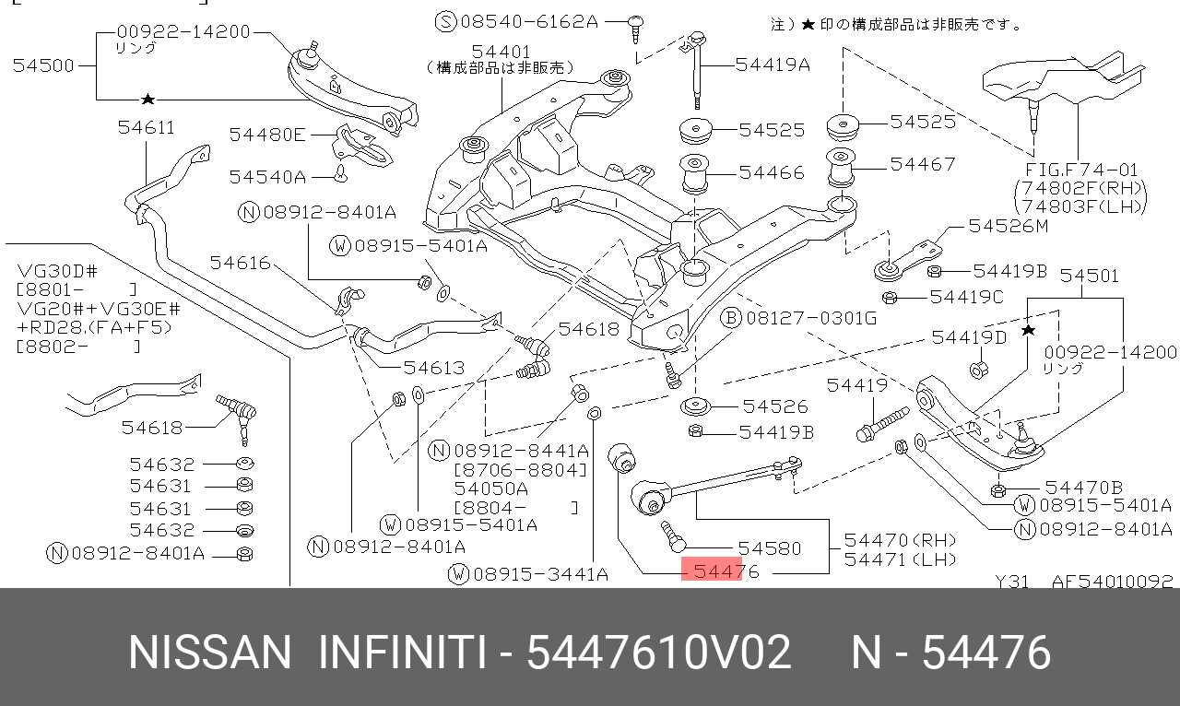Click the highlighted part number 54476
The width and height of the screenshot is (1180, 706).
pos(726,571)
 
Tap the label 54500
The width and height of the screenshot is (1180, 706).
pos(43,65)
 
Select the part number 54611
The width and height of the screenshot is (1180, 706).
pos(146,127)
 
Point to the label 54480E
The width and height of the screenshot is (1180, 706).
pos(267,135)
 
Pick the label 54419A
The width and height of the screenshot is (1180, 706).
pos(773,65)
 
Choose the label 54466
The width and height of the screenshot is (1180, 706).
pos(772,172)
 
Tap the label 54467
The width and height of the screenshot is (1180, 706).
pos(923,164)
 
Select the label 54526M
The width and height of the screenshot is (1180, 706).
pos(1009,226)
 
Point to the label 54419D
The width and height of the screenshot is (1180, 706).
pos(969,337)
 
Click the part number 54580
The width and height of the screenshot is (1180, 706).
pos(770,548)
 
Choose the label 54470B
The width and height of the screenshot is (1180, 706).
pos(1083,488)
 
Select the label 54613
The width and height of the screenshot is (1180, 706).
pos(434,368)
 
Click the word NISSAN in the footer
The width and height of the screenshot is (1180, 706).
pos(209,653)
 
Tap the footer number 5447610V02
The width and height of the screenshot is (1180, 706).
pos(658,653)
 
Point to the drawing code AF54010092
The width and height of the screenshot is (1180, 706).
pos(1113,582)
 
